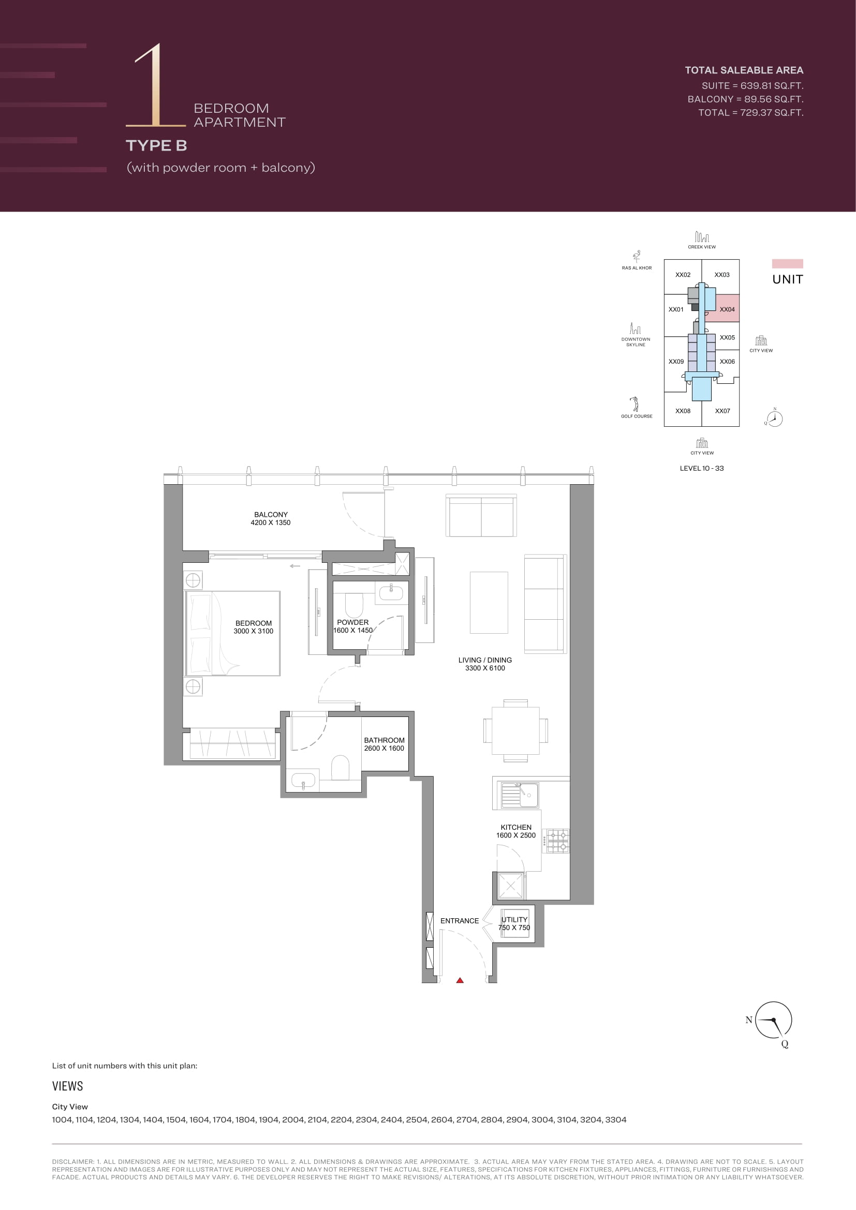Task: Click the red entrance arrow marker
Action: click(460, 980)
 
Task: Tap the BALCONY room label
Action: click(271, 514)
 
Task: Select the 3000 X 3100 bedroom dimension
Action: click(254, 631)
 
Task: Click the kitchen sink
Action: click(519, 795)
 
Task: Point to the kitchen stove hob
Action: click(558, 841)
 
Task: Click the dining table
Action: click(515, 731)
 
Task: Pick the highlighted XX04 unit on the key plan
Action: click(722, 308)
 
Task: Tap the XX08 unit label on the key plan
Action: click(683, 411)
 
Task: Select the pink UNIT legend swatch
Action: click(788, 263)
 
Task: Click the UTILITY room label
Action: click(514, 920)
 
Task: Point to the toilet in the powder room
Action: click(354, 606)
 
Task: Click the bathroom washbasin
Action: click(303, 780)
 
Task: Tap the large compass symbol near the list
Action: click(773, 1020)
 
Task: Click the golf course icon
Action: click(636, 404)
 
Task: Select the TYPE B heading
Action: click(156, 145)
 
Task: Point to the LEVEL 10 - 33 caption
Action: click(702, 468)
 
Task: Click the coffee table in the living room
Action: click(489, 602)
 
